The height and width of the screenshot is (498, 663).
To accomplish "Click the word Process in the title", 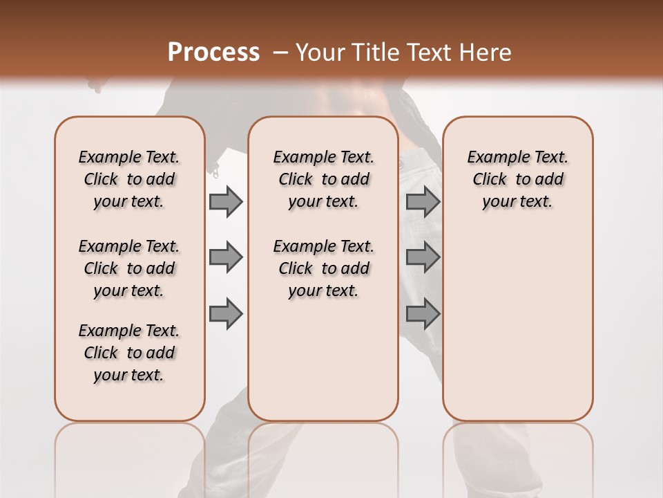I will click(213, 52).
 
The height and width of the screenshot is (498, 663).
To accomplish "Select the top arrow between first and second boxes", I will click(226, 201).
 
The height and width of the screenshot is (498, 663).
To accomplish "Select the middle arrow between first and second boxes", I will click(226, 257).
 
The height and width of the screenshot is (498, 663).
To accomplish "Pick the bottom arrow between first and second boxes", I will click(226, 314).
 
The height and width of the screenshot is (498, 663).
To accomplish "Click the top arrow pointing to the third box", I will click(423, 201).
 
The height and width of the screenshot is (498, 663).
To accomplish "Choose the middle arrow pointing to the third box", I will click(423, 257).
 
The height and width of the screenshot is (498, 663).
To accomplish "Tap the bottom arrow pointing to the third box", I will click(423, 314).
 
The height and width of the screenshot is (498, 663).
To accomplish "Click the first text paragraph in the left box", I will click(129, 179).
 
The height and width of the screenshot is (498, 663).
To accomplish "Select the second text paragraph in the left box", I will click(129, 268).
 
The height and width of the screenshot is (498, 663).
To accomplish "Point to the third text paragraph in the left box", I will click(129, 353).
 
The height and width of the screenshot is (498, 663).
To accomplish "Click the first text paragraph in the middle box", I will click(323, 179).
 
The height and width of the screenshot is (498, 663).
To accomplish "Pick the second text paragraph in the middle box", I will click(323, 268).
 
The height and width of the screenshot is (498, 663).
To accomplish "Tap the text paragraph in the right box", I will click(517, 179).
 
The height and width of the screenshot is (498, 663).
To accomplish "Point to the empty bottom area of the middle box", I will click(323, 367).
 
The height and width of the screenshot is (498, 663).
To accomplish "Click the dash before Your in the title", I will click(280, 53).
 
